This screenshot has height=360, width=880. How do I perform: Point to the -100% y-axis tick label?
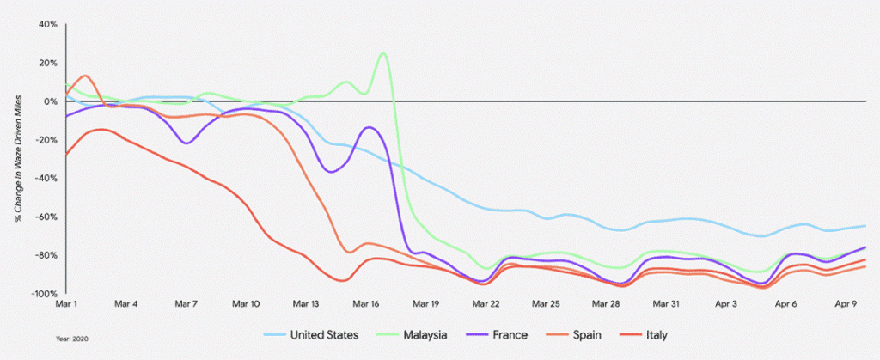(x=45, y=294)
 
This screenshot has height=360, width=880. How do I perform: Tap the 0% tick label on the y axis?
(x=50, y=101)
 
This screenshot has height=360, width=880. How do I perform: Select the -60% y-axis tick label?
(x=46, y=217)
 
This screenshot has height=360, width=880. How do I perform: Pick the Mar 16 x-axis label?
(x=366, y=304)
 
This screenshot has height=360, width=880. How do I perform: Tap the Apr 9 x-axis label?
(x=846, y=304)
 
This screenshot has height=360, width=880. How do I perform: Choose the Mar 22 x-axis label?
(x=486, y=304)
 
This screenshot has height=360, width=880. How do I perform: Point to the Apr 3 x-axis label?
(x=726, y=304)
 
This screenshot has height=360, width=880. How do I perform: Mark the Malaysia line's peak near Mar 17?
(x=382, y=53)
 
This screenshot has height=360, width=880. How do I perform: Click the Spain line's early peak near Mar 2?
(x=85, y=76)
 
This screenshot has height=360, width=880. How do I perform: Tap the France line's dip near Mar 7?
(x=186, y=143)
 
